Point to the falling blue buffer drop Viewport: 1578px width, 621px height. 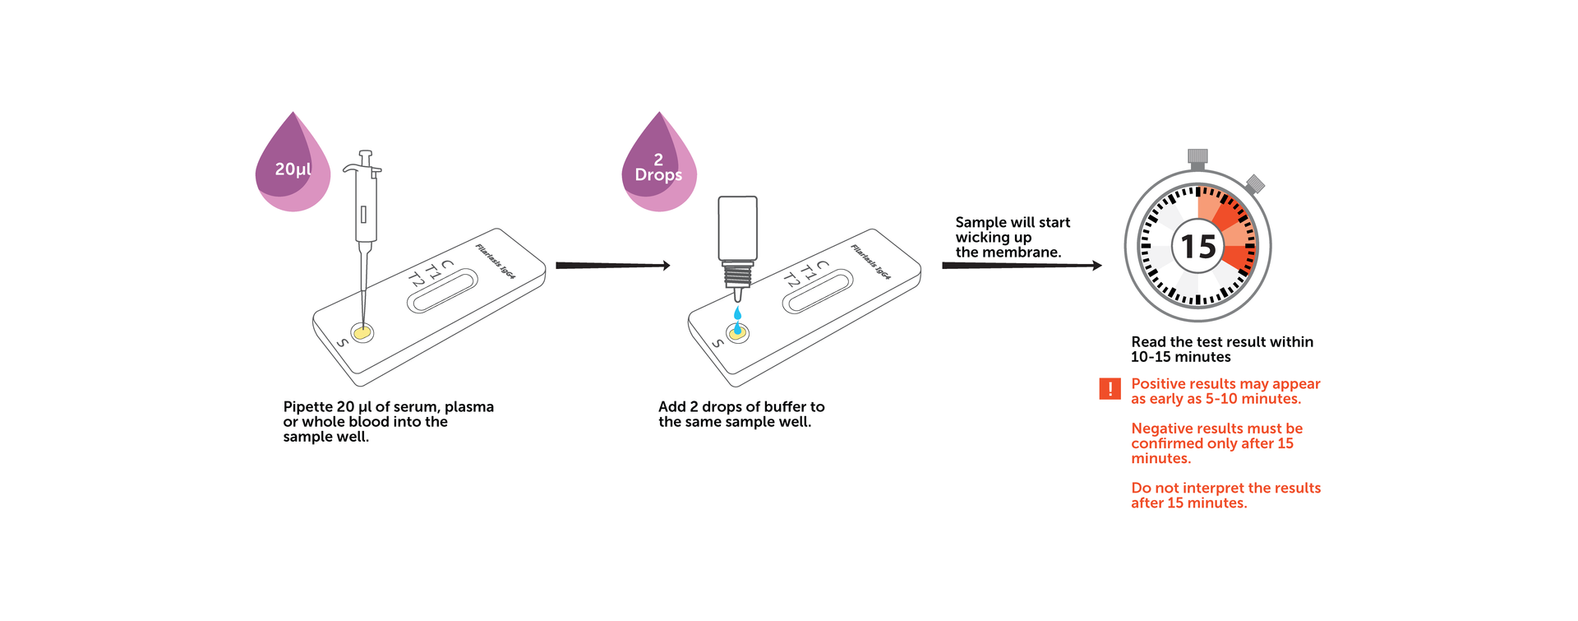coord(737,313)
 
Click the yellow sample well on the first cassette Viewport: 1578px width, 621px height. coord(362,332)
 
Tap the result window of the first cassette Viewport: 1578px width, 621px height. coord(442,291)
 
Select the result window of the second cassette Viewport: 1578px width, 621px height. coord(818,291)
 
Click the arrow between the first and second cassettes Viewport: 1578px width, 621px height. coord(613,266)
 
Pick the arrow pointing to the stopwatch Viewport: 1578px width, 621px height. coord(1022,266)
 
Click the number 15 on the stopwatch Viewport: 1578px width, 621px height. coord(1198,247)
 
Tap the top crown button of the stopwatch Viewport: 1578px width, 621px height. coord(1197,159)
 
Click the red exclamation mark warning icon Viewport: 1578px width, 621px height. coord(1110,389)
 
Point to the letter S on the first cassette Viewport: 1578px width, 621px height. coord(343,343)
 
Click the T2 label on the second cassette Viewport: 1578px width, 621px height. coord(791,280)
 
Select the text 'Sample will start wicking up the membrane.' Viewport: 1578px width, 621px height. coord(1013,237)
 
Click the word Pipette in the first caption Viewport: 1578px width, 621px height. coord(308,407)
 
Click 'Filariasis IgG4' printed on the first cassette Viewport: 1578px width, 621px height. coord(496,262)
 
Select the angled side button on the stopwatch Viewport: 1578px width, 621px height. coord(1254,184)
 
